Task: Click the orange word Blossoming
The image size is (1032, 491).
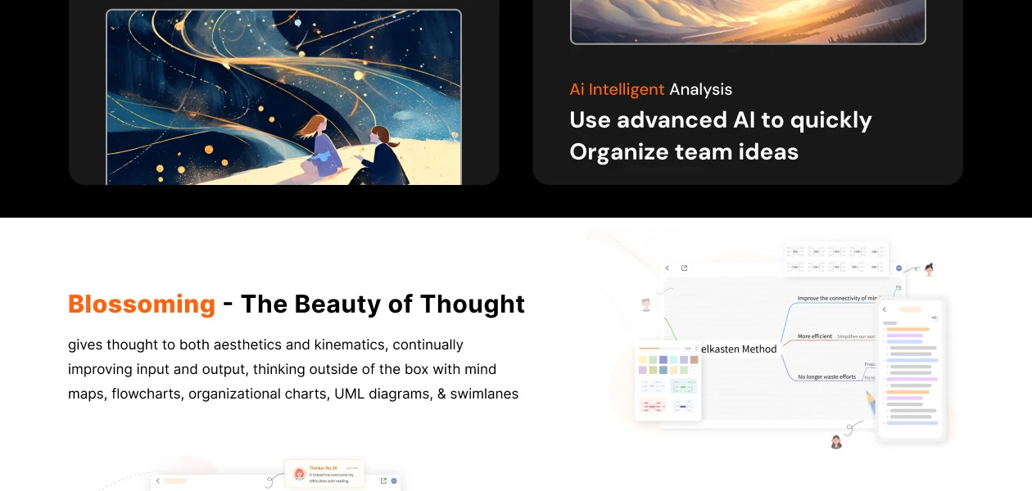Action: (141, 304)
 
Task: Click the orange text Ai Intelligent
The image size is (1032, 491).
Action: (617, 89)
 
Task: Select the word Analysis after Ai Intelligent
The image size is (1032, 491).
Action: (700, 89)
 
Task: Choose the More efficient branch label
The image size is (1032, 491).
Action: (814, 336)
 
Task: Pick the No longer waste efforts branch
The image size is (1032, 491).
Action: (826, 376)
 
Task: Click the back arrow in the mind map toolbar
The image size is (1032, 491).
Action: (667, 268)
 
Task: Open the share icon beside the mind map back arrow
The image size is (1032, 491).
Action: (685, 268)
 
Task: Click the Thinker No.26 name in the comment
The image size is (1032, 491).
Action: (323, 467)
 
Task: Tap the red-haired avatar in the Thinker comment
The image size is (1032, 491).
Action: (299, 474)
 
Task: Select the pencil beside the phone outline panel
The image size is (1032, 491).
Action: (870, 403)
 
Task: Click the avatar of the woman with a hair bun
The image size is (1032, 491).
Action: (929, 269)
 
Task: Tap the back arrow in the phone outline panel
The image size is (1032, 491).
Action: (885, 309)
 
